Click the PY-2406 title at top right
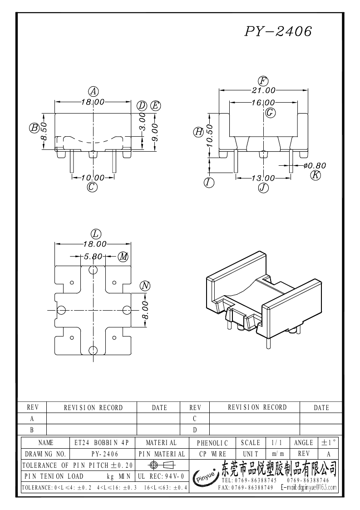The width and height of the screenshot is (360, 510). pos(278,31)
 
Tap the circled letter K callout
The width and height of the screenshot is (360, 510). pos(316,175)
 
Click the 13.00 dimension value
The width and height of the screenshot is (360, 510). pos(263,178)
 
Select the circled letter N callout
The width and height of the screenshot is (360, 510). pos(145,286)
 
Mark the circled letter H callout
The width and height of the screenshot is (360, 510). pos(198,132)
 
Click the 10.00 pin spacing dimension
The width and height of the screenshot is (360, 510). pos(93,178)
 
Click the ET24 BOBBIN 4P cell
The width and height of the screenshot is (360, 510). pos(102,442)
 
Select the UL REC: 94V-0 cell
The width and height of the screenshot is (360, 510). pos(160,476)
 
